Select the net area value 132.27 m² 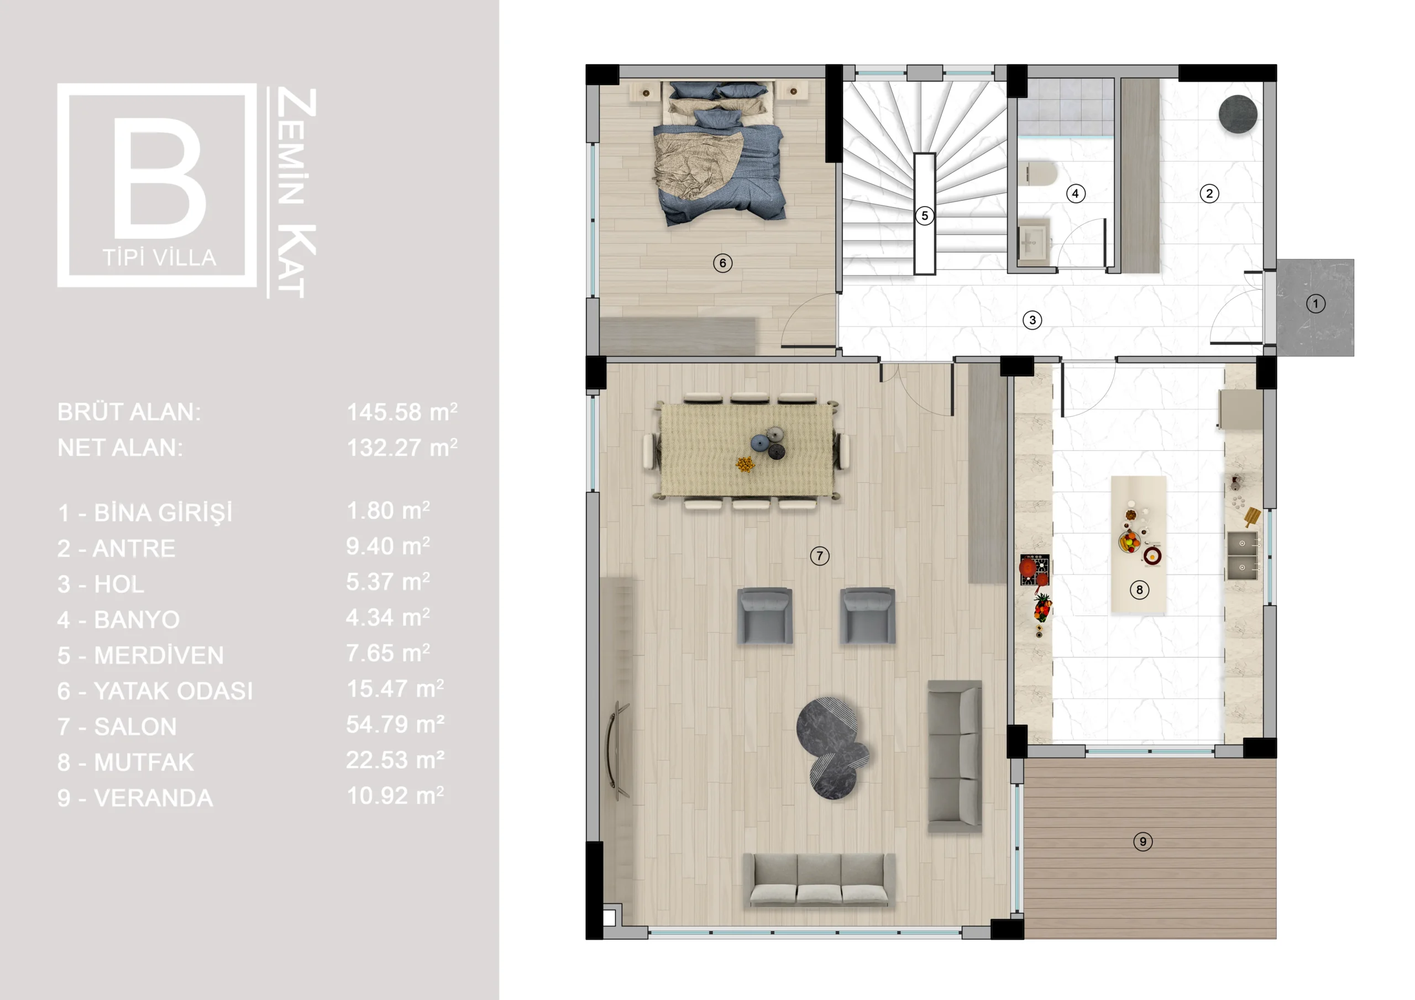402,448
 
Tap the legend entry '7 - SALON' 117,727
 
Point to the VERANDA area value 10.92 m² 395,796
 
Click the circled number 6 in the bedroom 723,263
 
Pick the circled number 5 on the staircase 924,215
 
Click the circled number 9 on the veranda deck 1143,841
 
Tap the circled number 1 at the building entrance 1316,304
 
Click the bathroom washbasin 1034,241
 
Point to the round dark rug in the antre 1238,113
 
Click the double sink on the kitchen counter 1242,555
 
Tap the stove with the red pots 1034,570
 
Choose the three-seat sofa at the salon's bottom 819,881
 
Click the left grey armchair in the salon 765,616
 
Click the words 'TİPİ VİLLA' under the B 160,258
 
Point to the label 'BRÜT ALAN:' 129,412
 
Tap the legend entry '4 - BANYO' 118,620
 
